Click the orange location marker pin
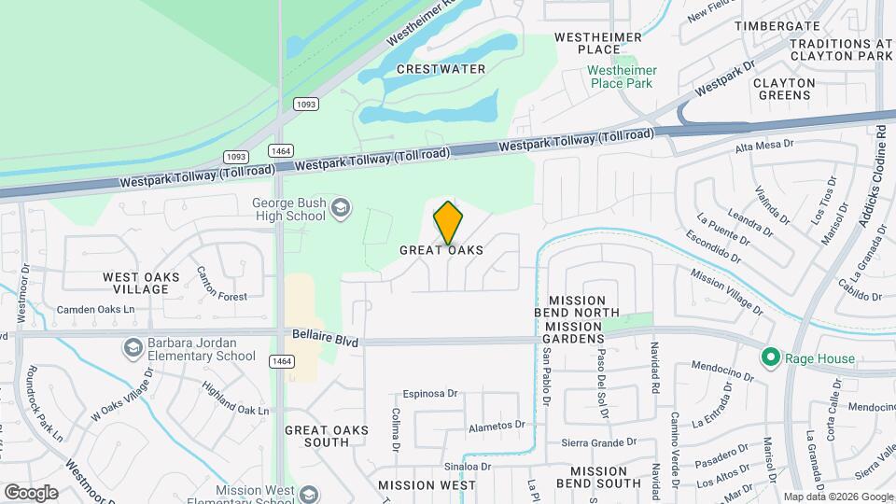pos(449,222)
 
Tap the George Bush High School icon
pos(343,208)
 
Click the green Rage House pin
pos(770,357)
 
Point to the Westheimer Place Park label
pos(623,77)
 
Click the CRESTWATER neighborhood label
pos(441,69)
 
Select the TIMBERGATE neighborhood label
pos(777,26)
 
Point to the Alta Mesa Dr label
pos(763,146)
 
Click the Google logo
pos(31,492)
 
